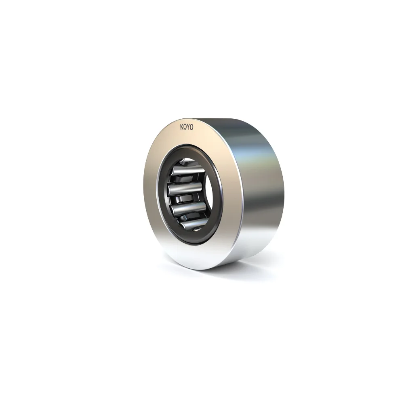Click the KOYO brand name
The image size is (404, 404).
[x=187, y=127]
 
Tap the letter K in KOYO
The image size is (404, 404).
[x=182, y=127]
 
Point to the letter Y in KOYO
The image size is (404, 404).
[x=189, y=127]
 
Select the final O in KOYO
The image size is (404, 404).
[x=192, y=127]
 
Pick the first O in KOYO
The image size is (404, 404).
[x=185, y=127]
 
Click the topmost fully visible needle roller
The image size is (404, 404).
[x=186, y=174]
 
